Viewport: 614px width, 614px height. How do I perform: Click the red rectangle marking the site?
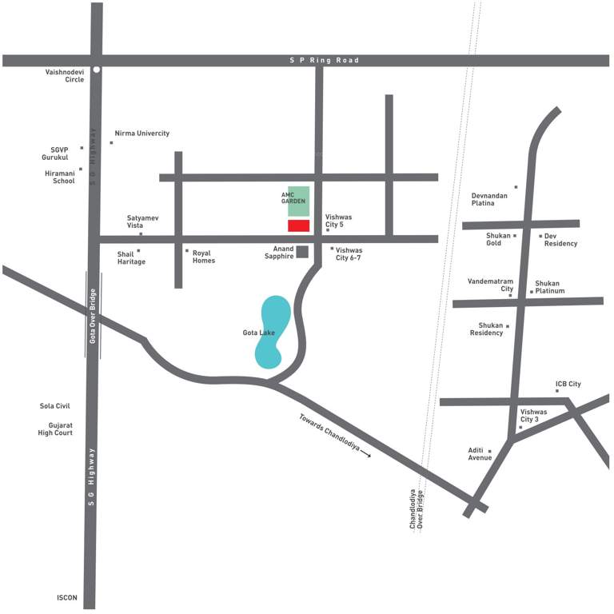click(x=298, y=225)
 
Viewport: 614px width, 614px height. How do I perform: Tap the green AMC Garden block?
click(x=298, y=201)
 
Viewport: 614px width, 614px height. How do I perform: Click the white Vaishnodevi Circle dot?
click(x=96, y=70)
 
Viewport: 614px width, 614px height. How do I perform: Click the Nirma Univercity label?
click(x=142, y=134)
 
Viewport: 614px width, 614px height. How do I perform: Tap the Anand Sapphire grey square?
click(x=302, y=252)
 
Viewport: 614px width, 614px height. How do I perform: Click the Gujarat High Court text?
click(x=55, y=429)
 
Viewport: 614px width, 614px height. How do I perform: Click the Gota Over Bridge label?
click(x=93, y=315)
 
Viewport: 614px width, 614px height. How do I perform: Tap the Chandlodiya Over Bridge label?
click(x=417, y=509)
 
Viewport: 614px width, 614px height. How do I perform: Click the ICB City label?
click(x=568, y=385)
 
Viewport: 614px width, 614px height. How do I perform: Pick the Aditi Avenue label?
click(x=480, y=454)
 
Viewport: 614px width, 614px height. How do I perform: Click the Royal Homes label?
click(x=204, y=257)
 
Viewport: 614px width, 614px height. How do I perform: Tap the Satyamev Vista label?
click(x=143, y=221)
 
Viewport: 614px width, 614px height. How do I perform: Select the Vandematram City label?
click(x=490, y=285)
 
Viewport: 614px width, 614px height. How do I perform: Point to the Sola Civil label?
click(x=55, y=406)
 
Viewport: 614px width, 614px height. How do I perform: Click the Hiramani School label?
click(x=59, y=177)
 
